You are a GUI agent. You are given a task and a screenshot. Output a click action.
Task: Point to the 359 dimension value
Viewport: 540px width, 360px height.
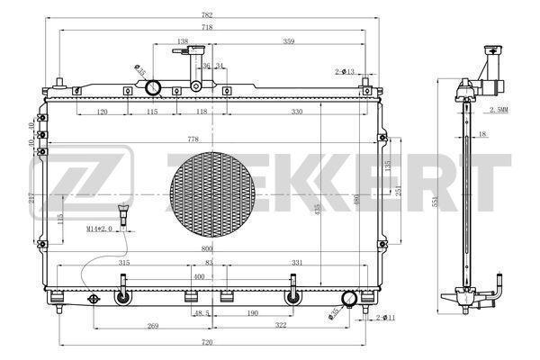tap(288, 41)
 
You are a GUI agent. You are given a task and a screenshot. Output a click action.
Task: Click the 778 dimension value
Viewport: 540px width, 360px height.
tap(193, 139)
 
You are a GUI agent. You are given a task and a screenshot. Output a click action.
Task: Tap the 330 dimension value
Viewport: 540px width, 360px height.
tap(297, 112)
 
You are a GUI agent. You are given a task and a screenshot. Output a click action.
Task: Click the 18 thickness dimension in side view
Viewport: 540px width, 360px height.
tap(482, 134)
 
